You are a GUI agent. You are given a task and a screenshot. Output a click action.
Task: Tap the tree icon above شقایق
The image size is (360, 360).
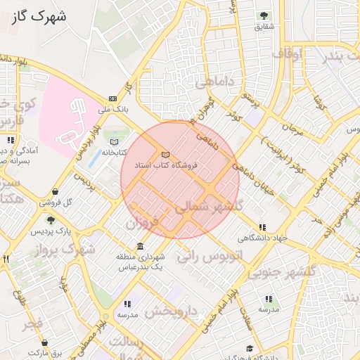[264, 15]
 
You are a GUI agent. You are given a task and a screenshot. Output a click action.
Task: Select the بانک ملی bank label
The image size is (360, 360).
[113, 110]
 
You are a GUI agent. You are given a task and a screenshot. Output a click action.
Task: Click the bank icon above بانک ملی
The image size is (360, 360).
[112, 98]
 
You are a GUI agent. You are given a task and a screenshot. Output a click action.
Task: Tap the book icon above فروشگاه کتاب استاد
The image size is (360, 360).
[165, 154]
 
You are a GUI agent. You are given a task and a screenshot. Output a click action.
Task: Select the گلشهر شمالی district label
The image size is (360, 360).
[208, 207]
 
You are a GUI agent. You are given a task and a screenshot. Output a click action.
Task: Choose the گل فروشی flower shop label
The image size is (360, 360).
[59, 202]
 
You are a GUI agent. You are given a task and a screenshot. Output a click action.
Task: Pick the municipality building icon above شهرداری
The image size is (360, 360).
[141, 247]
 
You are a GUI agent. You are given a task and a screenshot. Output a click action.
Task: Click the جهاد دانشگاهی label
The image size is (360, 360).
[262, 238]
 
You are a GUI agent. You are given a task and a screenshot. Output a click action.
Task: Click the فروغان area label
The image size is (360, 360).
[143, 224]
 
